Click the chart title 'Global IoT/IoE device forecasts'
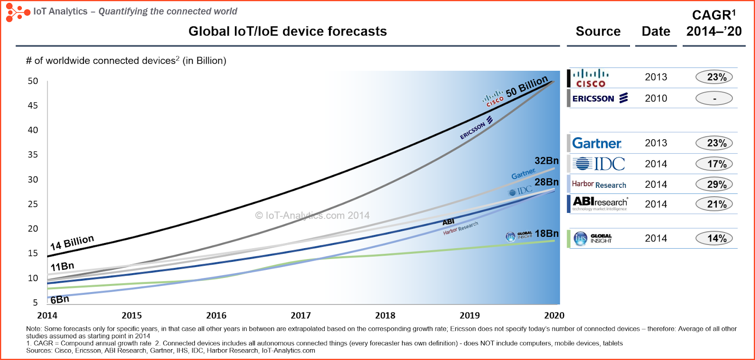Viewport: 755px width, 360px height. pyautogui.click(x=287, y=31)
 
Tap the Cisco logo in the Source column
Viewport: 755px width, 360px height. pyautogui.click(x=590, y=78)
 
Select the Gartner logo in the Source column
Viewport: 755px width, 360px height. pyautogui.click(x=596, y=143)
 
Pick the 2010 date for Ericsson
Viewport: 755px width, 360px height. pyautogui.click(x=656, y=98)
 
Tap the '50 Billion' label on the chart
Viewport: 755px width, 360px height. pyautogui.click(x=527, y=86)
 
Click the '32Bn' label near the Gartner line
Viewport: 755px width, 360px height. pyautogui.click(x=546, y=161)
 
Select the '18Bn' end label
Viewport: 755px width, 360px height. pyautogui.click(x=546, y=234)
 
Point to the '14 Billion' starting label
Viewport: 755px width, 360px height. pyautogui.click(x=72, y=243)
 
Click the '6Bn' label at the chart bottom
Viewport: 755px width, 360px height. pyautogui.click(x=60, y=300)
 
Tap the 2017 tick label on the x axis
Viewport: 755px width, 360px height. pyautogui.click(x=301, y=315)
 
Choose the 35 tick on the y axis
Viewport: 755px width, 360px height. pyautogui.click(x=33, y=154)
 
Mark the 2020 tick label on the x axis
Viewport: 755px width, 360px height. pyautogui.click(x=554, y=315)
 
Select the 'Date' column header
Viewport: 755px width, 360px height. pyautogui.click(x=656, y=31)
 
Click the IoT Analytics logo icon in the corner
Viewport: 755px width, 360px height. pyautogui.click(x=17, y=12)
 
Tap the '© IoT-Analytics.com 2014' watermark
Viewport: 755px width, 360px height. pyautogui.click(x=312, y=216)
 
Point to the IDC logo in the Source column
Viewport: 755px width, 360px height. pyautogui.click(x=599, y=164)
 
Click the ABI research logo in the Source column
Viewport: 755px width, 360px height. pyautogui.click(x=600, y=203)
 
